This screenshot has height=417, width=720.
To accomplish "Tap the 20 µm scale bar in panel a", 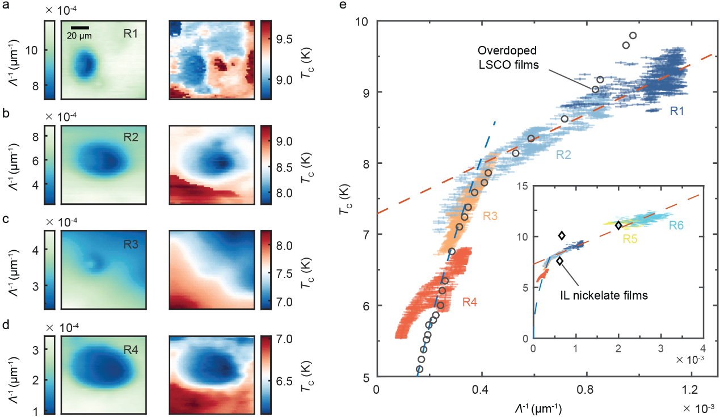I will pyautogui.click(x=81, y=27).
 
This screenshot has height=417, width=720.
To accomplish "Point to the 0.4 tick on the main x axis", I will pyautogui.click(x=481, y=390).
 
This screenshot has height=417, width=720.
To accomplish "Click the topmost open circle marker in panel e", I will pyautogui.click(x=633, y=36).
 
